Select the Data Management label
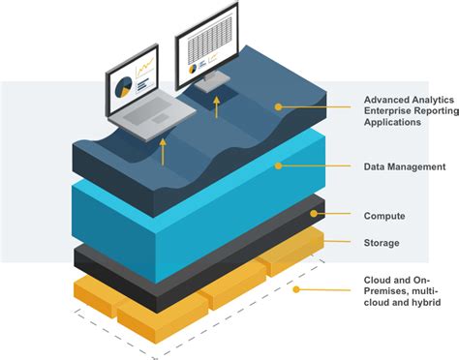tap(404, 166)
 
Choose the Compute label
tap(383, 216)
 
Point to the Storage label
tap(382, 243)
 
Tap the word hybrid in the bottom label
tap(424, 303)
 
